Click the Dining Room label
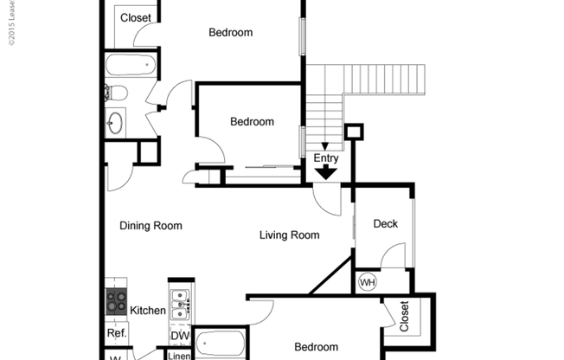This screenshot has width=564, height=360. [151, 226]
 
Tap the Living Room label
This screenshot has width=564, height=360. [290, 235]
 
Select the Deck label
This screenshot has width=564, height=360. [385, 224]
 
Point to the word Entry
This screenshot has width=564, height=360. [326, 158]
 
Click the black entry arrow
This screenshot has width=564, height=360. [326, 172]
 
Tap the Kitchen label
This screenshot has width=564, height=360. [148, 311]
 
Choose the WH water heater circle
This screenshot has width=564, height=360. [367, 282]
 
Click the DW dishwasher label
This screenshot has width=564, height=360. [179, 336]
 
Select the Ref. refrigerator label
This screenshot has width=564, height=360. [117, 333]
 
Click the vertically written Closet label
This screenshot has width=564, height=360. [404, 316]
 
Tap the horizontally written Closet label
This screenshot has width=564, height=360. [135, 18]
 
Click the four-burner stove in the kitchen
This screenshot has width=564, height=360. [116, 301]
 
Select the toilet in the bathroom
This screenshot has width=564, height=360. [117, 93]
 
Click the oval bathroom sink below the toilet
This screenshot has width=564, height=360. [115, 123]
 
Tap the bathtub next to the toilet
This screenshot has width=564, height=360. [130, 65]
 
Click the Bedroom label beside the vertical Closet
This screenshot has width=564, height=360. [317, 348]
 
